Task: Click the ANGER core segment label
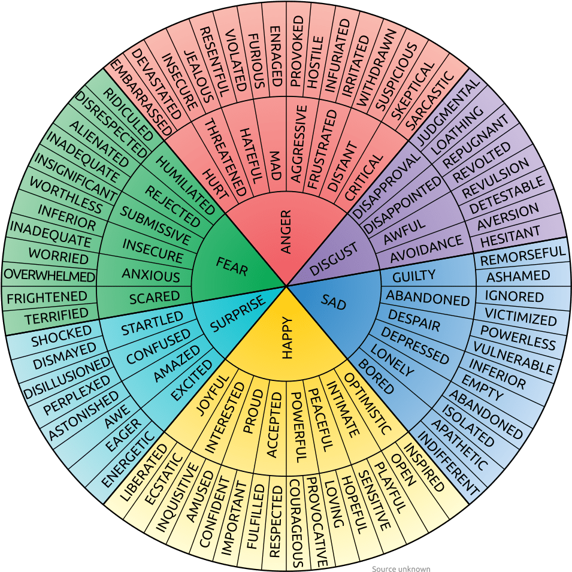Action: click(x=286, y=232)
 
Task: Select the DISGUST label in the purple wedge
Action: click(x=334, y=259)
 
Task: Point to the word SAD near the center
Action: click(x=334, y=302)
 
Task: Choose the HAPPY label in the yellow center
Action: click(x=287, y=338)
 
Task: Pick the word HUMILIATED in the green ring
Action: click(x=186, y=185)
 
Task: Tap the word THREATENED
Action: click(x=225, y=158)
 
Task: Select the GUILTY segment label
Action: click(x=414, y=276)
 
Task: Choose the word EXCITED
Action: click(x=192, y=380)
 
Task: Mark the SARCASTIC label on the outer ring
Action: click(x=430, y=100)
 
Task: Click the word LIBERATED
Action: click(x=143, y=473)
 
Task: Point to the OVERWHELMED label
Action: click(x=49, y=275)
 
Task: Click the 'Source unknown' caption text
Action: click(x=401, y=568)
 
